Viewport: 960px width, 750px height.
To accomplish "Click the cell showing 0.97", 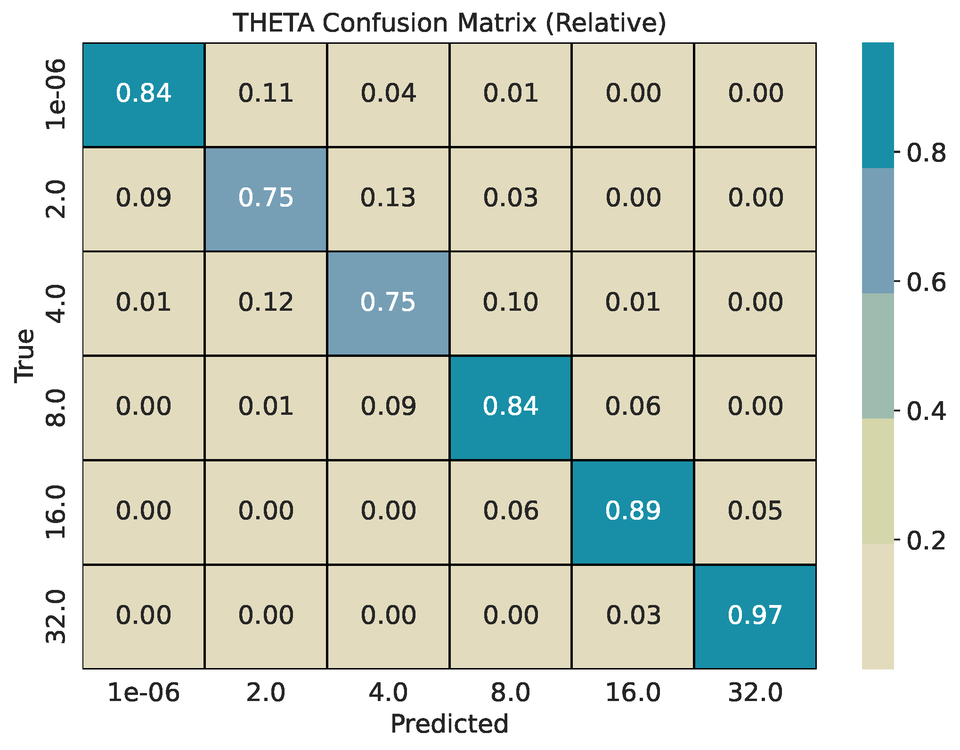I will point(755,615).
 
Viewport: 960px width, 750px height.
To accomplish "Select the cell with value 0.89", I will point(633,511).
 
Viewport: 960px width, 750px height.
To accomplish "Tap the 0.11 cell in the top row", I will point(266,93).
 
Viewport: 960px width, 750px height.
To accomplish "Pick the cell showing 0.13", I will point(388,198).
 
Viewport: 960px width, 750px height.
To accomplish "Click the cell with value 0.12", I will point(266,302).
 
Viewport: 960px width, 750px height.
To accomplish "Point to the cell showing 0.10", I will point(511,302).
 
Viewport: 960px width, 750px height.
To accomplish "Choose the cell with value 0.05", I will point(755,511).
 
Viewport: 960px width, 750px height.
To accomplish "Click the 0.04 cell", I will point(388,93).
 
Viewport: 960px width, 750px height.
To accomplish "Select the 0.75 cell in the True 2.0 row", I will point(266,198).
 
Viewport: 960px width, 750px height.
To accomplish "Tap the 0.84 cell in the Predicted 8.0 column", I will point(511,407).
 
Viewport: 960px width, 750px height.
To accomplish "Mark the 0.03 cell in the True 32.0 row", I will point(633,615).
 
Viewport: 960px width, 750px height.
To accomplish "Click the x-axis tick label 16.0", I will point(633,693).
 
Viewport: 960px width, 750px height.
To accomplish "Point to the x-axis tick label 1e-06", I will point(144,693).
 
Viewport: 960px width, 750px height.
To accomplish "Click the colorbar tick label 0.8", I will point(926,153).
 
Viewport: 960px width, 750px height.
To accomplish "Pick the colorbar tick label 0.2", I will point(926,540).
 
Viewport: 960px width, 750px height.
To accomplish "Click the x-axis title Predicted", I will point(449,724).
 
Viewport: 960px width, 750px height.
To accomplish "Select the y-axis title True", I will point(24,355).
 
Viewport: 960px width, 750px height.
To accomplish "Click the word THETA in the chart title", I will point(274,23).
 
